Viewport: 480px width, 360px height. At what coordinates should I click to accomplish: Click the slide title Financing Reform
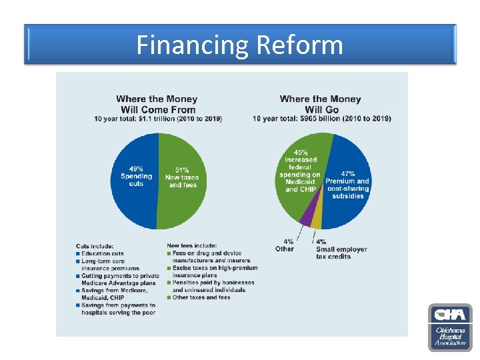(240, 45)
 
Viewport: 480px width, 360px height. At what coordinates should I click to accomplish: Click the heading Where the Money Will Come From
(157, 104)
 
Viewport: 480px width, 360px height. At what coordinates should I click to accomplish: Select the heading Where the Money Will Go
(321, 104)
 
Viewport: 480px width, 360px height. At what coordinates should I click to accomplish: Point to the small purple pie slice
(306, 216)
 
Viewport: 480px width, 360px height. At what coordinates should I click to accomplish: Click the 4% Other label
(285, 245)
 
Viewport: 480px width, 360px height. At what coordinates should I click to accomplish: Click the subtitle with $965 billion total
(321, 119)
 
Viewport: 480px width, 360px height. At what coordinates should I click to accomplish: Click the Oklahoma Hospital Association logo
(450, 327)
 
